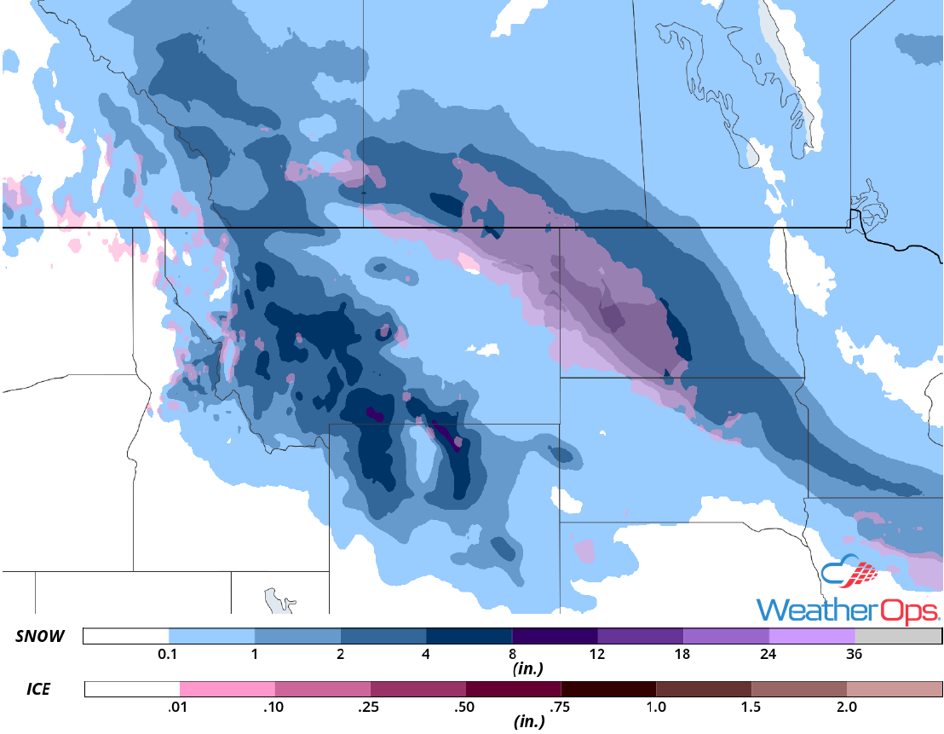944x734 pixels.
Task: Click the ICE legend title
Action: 32,689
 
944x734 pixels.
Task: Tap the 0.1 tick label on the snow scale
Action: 168,655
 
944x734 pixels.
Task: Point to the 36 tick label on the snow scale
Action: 855,655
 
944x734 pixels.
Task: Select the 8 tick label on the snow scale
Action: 512,655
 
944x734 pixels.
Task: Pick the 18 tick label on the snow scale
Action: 683,655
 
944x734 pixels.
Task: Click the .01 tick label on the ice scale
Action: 179,708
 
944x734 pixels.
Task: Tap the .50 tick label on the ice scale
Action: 465,708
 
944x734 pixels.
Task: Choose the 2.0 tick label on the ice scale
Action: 847,708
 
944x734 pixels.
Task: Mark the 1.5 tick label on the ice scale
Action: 751,708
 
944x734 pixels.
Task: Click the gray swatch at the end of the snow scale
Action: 898,636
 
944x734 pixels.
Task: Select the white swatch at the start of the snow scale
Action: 126,636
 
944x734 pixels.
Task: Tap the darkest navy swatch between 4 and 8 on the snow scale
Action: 469,636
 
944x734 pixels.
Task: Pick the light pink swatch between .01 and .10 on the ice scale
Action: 227,689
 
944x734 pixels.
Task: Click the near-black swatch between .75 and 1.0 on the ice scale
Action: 608,689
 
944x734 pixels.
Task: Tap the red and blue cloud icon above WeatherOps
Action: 849,571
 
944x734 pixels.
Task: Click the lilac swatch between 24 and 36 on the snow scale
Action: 811,636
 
